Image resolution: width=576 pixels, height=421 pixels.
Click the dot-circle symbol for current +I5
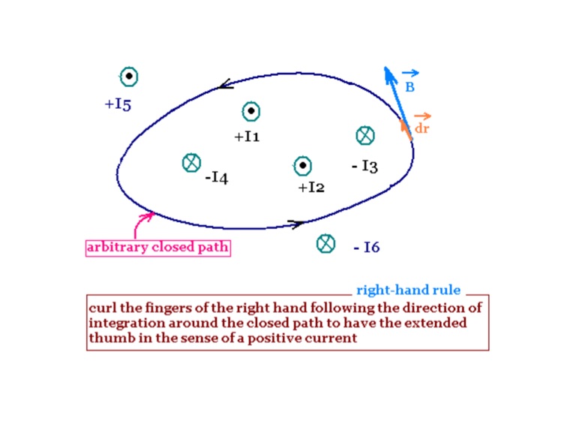coord(129,77)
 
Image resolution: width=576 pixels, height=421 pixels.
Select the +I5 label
coord(118,104)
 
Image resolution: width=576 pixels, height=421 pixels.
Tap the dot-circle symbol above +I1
coord(251,112)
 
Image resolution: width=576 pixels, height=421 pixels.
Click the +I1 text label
coord(247,137)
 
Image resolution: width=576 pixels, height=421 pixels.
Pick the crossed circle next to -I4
coord(191,162)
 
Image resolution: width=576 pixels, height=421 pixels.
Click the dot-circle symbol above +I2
coord(302,166)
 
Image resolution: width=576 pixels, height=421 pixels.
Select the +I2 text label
coord(311,188)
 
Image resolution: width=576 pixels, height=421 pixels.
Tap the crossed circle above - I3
coord(365,136)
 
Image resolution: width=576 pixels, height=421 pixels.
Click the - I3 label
coord(364,167)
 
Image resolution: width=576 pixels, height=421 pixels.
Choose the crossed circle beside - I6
coord(325,243)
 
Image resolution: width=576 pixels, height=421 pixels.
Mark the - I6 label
coord(367,248)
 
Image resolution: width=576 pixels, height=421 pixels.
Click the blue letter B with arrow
coord(410,85)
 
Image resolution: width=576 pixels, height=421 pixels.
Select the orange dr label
coord(422,127)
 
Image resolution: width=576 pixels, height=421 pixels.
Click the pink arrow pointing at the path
coord(140,224)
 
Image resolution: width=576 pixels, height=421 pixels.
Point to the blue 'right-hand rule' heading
coord(408,290)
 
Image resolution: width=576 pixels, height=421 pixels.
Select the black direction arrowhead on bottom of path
coord(296,223)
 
